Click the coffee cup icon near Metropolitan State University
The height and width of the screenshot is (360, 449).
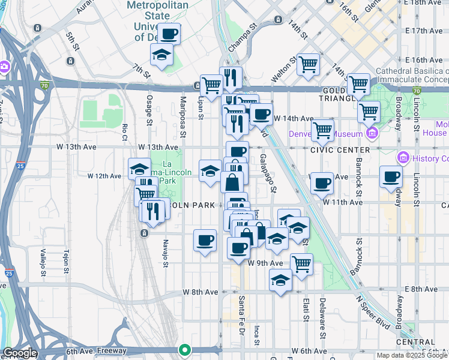(169, 34)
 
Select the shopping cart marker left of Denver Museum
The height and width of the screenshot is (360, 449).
(323, 130)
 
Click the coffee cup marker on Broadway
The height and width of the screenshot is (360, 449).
(391, 176)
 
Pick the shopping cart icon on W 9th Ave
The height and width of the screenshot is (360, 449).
(301, 263)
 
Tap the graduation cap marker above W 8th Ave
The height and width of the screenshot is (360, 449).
(280, 280)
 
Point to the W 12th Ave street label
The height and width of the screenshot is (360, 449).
(104, 176)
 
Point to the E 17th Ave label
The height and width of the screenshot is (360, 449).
(424, 31)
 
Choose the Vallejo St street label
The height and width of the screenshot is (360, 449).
(43, 263)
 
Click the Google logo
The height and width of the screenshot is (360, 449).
(19, 353)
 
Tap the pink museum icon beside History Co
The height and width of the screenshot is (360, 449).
(402, 158)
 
